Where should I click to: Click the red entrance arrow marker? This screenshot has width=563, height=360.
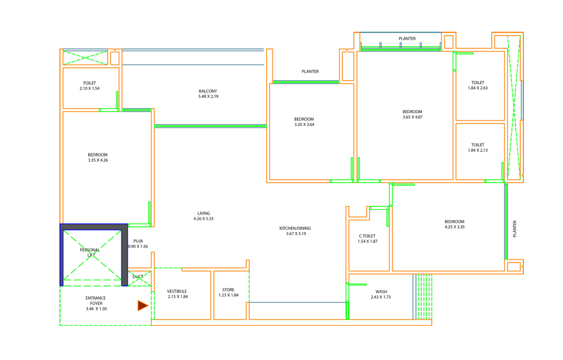tap(143, 306)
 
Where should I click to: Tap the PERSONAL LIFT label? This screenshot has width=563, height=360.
tap(90, 252)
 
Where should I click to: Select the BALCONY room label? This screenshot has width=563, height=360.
tap(208, 91)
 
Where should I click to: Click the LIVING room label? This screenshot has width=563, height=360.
tap(204, 213)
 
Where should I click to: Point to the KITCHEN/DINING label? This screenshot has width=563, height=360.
tap(295, 229)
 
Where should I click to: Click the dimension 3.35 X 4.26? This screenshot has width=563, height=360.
tap(98, 160)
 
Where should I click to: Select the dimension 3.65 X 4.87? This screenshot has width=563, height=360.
tap(412, 117)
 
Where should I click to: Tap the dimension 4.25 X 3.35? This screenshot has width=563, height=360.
tap(454, 227)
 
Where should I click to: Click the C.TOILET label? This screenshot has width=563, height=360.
tap(367, 236)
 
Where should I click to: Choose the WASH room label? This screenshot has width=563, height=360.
tap(381, 292)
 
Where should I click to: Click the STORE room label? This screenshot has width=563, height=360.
tap(228, 290)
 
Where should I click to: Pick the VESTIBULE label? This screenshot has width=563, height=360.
tap(177, 292)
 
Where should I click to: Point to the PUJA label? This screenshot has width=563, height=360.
tap(138, 241)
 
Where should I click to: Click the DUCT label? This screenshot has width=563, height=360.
tap(138, 277)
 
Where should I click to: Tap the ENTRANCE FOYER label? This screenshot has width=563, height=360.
tap(96, 300)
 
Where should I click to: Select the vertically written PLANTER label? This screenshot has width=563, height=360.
tap(514, 229)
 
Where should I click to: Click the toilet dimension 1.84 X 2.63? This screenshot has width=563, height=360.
tap(478, 88)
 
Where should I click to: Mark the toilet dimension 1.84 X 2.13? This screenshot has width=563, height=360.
tap(478, 151)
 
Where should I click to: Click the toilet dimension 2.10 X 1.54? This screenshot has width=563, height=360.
tap(90, 88)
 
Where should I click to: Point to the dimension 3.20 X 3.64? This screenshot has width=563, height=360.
tap(304, 124)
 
